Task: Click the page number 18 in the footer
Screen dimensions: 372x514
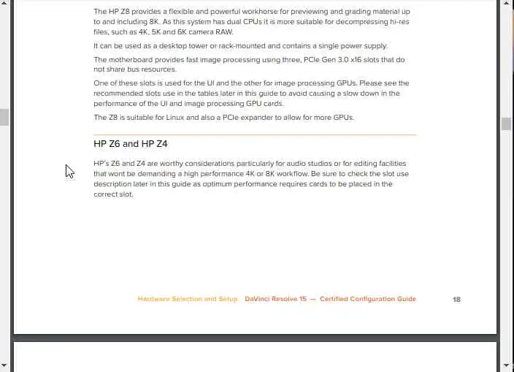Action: point(456,299)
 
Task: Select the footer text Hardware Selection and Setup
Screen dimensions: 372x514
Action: point(187,299)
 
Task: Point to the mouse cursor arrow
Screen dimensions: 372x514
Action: point(69,170)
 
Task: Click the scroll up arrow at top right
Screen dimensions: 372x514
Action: point(506,4)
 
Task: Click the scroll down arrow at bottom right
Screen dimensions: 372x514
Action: point(506,365)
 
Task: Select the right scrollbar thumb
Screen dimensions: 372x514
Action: point(506,124)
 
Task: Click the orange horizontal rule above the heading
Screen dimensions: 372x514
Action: point(255,134)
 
